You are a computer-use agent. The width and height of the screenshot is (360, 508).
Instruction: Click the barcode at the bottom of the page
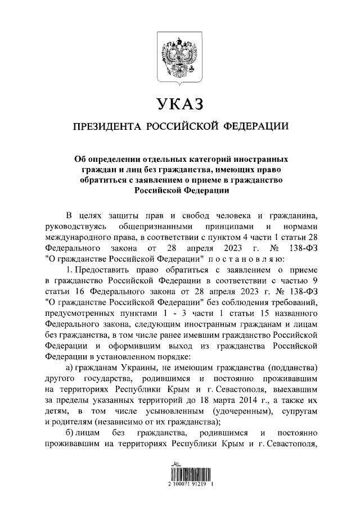click(x=179, y=469)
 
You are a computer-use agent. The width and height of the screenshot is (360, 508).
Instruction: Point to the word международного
click(x=79, y=237)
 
